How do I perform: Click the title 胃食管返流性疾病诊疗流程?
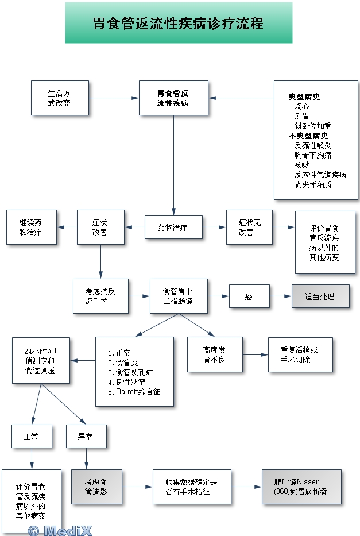[x=179, y=24]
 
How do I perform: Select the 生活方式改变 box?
[x=60, y=98]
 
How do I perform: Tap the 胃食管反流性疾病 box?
[x=173, y=98]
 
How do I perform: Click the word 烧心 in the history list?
[x=302, y=106]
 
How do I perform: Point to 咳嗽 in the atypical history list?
[x=302, y=165]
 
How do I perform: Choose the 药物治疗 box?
[x=173, y=227]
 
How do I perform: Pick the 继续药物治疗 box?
[x=31, y=227]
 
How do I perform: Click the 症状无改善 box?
[x=249, y=227]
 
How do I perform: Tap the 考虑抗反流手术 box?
[x=100, y=296]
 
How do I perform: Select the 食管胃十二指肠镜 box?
[x=179, y=296]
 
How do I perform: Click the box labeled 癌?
[x=249, y=297]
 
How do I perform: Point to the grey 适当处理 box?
[x=320, y=297]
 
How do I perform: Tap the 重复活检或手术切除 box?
[x=300, y=354]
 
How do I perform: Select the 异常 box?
[x=86, y=437]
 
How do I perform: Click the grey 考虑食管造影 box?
[x=96, y=487]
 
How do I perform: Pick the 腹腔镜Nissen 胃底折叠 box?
[x=301, y=487]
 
